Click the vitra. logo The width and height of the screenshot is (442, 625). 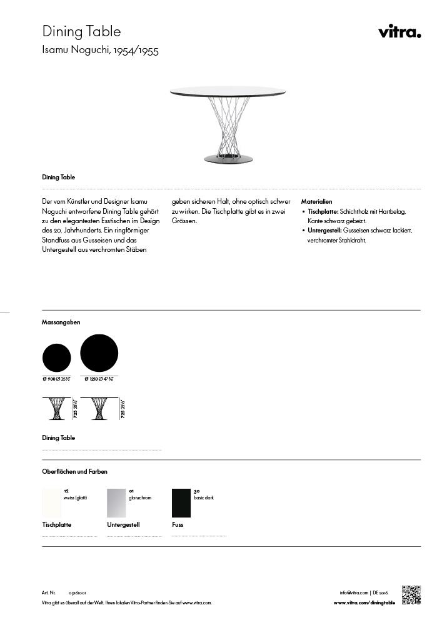pos(399,32)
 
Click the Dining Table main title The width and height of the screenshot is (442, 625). pos(81,31)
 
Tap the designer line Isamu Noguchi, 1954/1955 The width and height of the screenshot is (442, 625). pos(100,51)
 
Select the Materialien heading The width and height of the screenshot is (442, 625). pos(316,202)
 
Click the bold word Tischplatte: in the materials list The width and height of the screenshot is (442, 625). pos(323,212)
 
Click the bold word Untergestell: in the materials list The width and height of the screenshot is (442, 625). pos(324,231)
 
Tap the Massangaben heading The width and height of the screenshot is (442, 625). pos(61,322)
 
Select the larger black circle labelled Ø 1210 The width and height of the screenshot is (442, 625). pos(99,353)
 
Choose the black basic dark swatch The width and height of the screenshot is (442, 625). pos(181,503)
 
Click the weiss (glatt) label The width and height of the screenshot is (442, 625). pos(76,498)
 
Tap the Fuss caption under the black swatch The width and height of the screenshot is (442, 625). pos(178,525)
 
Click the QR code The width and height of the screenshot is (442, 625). pos(411,595)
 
